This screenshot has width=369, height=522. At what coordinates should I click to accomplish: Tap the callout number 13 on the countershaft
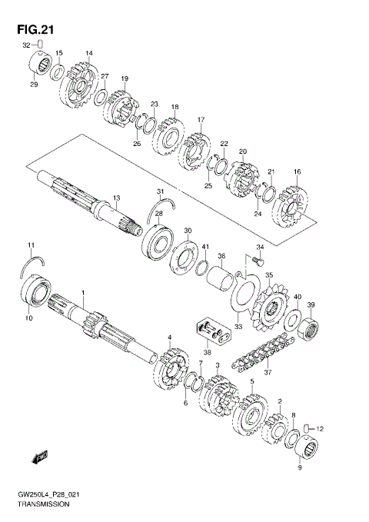(x=116, y=198)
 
